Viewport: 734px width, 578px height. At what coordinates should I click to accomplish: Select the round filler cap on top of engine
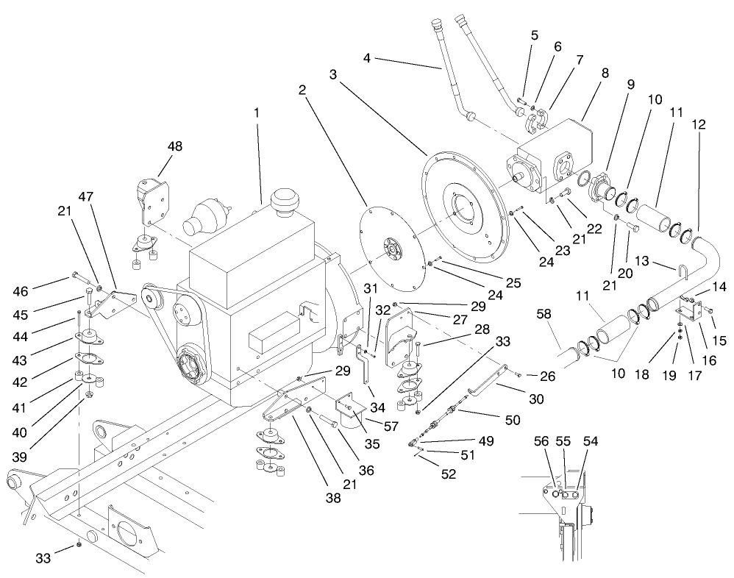click(284, 199)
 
